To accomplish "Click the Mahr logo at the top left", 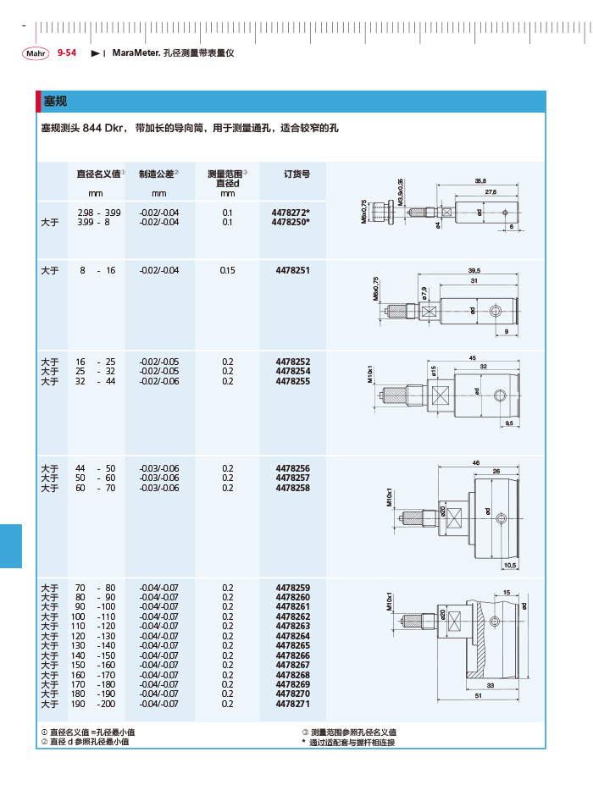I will (35, 53).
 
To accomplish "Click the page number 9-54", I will (67, 53).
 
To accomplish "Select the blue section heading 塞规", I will (55, 102).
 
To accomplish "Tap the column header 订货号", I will (291, 174).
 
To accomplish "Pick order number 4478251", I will (292, 270).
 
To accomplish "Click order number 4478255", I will (292, 381).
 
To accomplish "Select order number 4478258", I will (292, 488).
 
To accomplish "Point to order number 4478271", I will (292, 704).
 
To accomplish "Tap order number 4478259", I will (292, 588).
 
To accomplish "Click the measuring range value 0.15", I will (227, 270).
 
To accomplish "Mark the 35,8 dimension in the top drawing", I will (481, 180).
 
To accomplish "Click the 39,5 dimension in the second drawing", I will (474, 271).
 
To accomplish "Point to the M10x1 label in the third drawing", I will (370, 374).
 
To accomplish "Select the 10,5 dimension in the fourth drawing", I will (509, 565).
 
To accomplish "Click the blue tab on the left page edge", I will (10, 545).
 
